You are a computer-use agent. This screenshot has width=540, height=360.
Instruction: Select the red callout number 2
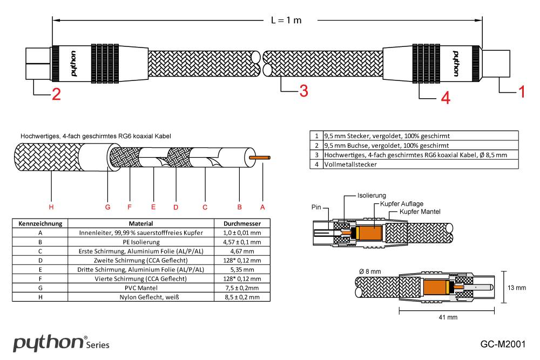pyautogui.click(x=56, y=94)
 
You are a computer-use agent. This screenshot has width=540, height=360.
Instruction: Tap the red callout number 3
pyautogui.click(x=303, y=91)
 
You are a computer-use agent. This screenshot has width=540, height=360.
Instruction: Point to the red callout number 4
pyautogui.click(x=444, y=97)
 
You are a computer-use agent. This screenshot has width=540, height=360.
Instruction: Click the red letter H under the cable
pyautogui.click(x=51, y=207)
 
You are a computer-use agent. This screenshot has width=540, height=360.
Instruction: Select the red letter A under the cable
pyautogui.click(x=263, y=207)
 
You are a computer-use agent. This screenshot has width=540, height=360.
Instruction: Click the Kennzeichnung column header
pyautogui.click(x=41, y=223)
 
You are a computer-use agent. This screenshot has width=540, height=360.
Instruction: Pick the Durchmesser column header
pyautogui.click(x=242, y=223)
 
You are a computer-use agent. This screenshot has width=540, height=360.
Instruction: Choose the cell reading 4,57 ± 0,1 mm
pyautogui.click(x=242, y=242)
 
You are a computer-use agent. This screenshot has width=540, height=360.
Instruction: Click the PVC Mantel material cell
pyautogui.click(x=141, y=288)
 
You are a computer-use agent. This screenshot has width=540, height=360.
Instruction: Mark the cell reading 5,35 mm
pyautogui.click(x=242, y=269)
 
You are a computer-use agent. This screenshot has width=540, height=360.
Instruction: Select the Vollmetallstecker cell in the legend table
pyautogui.click(x=350, y=164)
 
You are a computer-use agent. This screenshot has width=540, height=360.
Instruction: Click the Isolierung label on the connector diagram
pyautogui.click(x=372, y=195)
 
